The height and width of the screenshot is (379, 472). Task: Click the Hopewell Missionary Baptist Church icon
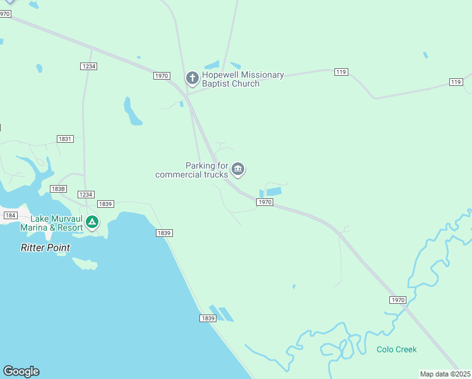point(192,78)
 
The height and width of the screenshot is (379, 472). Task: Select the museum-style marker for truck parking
point(238,169)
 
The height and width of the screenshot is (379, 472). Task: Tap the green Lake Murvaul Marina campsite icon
point(92,222)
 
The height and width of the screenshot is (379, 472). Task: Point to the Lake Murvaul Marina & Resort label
point(52,223)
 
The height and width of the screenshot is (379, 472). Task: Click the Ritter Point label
point(45,248)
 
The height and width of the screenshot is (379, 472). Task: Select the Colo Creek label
point(396,349)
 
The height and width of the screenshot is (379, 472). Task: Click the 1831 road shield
point(65,139)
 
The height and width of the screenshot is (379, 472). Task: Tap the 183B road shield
point(58,189)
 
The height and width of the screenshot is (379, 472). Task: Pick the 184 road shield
point(10,215)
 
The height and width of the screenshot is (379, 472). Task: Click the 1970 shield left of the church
point(162,76)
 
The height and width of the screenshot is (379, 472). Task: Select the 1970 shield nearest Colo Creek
point(398,300)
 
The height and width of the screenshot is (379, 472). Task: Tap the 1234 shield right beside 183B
point(86,195)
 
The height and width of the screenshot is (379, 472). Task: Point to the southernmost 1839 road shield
point(208,318)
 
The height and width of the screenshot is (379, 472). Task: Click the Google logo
point(21,371)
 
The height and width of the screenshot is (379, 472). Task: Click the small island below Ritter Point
point(85,263)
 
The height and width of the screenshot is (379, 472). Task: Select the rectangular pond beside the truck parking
point(273,191)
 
